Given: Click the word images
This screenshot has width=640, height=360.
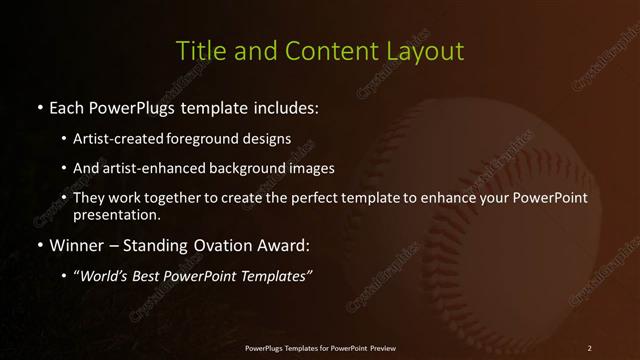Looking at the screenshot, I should [x=310, y=168].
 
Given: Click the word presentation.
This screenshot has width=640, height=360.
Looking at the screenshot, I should [x=116, y=215].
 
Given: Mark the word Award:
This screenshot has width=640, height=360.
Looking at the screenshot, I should [x=287, y=245].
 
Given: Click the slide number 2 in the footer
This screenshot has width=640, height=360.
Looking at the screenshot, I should [x=590, y=348].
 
